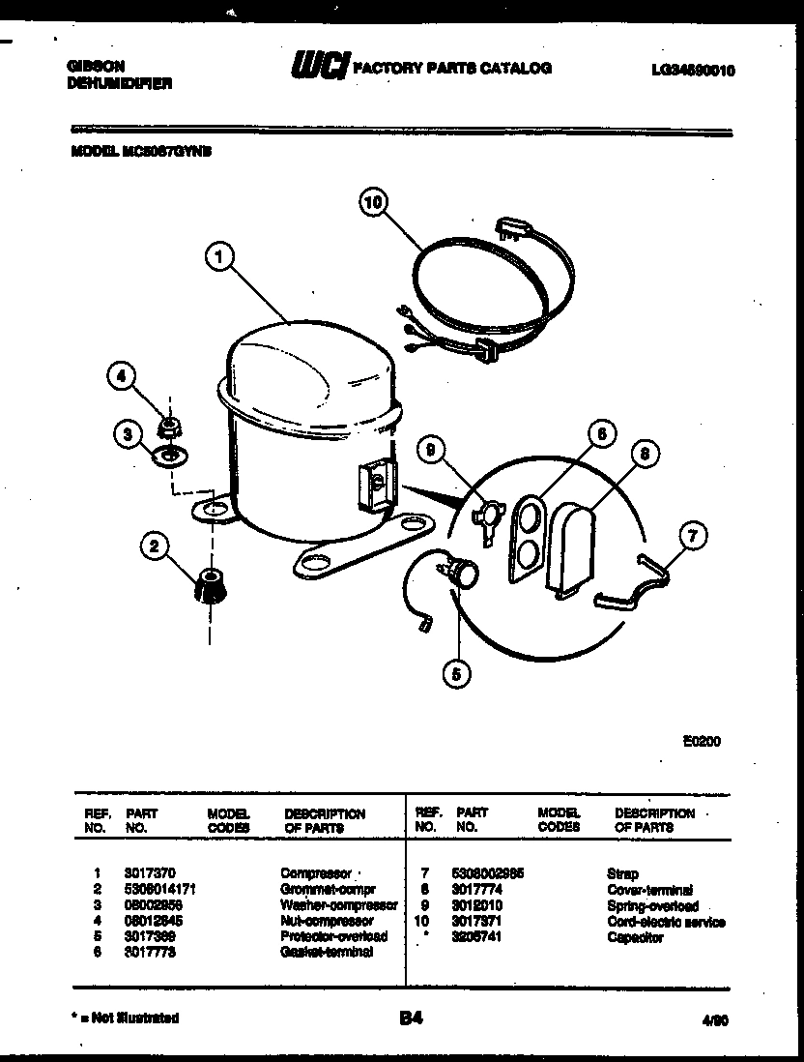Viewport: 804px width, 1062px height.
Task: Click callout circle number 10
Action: tap(373, 202)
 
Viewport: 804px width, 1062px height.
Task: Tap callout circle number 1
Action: tap(221, 256)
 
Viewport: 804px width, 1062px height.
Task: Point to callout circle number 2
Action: tap(152, 547)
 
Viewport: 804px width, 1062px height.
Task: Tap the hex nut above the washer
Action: tap(170, 425)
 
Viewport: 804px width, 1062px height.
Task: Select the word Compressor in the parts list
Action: tap(311, 872)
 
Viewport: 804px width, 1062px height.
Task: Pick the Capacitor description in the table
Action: tap(635, 937)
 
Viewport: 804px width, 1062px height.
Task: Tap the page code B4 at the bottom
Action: tap(410, 1018)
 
